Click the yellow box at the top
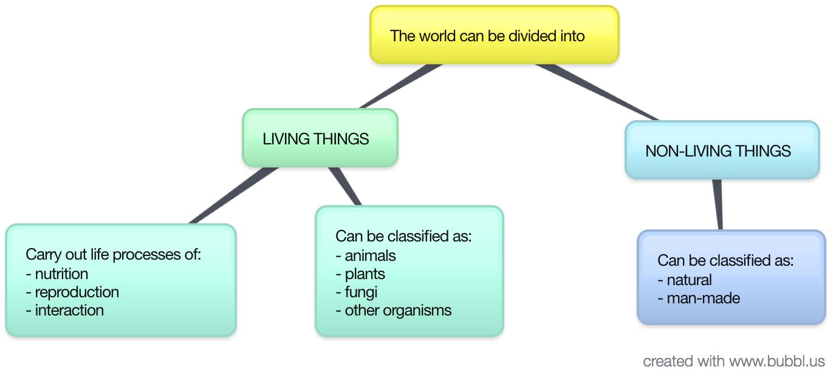point(494,35)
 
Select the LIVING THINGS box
point(320,138)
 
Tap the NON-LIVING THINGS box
point(722,150)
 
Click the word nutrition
point(61,274)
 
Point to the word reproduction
point(77,292)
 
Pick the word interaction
point(69,310)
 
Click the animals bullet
point(370,255)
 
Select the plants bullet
point(365,274)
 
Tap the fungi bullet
point(361,292)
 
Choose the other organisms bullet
point(398,310)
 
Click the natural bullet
point(689,280)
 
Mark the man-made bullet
point(703,298)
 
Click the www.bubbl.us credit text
point(776,362)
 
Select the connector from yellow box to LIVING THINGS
point(401,86)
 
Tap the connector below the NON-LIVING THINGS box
point(718,204)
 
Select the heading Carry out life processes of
point(113,254)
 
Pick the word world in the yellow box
point(435,36)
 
